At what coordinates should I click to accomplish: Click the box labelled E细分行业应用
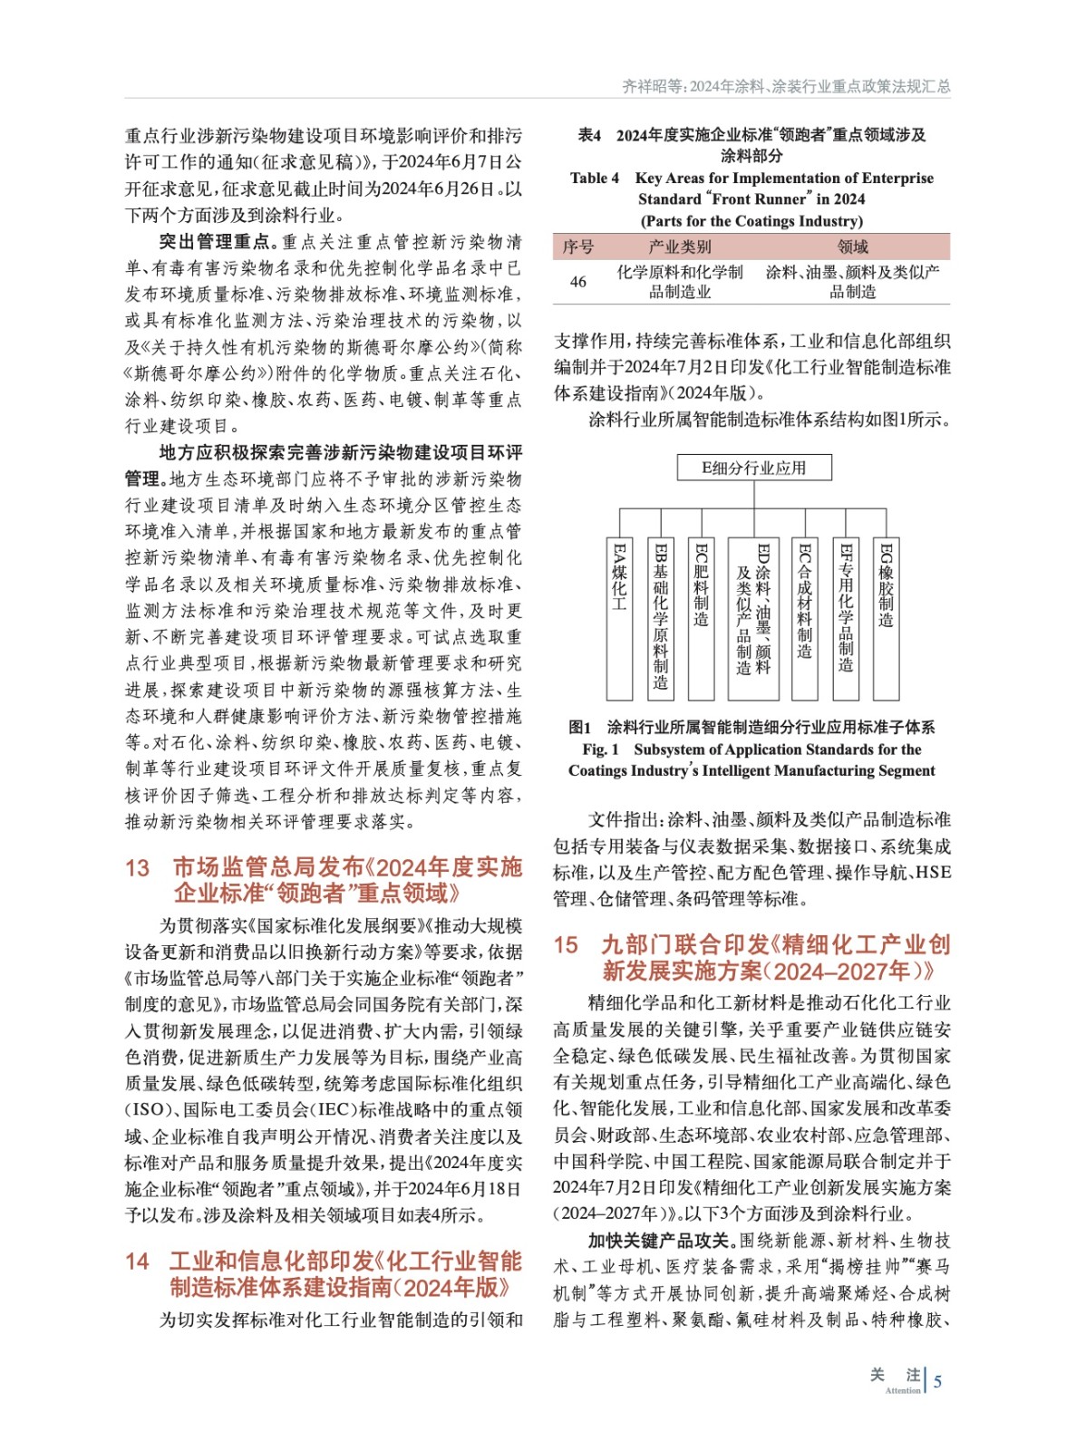click(x=753, y=468)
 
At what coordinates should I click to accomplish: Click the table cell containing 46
click(x=578, y=282)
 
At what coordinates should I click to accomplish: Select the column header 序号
click(x=578, y=246)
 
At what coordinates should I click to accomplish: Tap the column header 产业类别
click(x=680, y=246)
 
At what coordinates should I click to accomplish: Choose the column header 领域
click(x=852, y=246)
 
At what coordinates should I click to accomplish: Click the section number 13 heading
click(x=137, y=868)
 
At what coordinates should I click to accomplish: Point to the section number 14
click(x=137, y=1261)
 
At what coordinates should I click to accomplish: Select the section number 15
click(x=566, y=945)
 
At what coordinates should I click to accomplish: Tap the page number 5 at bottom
click(x=938, y=1382)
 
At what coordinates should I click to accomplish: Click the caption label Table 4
click(x=595, y=179)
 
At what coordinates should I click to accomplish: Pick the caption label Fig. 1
click(x=600, y=749)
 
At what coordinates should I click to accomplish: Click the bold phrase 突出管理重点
click(x=215, y=242)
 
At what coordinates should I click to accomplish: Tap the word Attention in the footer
click(x=903, y=1390)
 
